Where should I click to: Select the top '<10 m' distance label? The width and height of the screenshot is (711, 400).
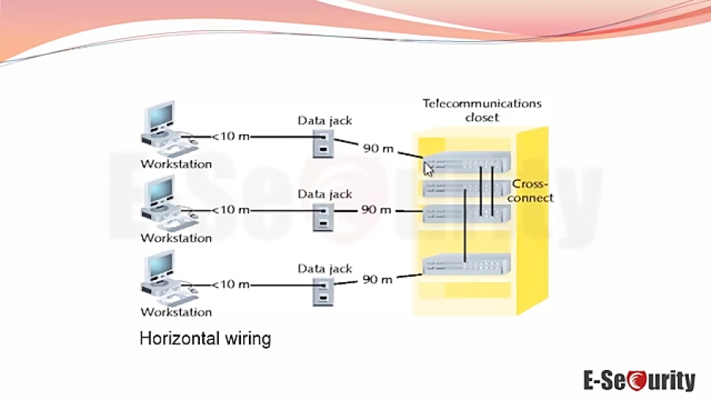231,137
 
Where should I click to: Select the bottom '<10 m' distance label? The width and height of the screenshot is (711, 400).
231,284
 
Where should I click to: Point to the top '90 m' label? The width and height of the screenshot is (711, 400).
377,148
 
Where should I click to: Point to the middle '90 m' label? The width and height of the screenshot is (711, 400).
377,209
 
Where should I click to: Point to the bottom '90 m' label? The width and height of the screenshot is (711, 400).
377,279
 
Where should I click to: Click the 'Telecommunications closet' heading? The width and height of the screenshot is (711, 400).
482,111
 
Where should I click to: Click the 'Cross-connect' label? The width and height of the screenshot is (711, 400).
530,191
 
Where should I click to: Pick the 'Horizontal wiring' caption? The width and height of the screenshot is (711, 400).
205,339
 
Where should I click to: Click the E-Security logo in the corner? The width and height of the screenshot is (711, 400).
639,380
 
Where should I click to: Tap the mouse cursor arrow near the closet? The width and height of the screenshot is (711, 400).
427,168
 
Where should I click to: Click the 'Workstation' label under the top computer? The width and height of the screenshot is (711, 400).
176,164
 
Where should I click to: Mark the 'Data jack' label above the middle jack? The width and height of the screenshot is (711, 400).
325,194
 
